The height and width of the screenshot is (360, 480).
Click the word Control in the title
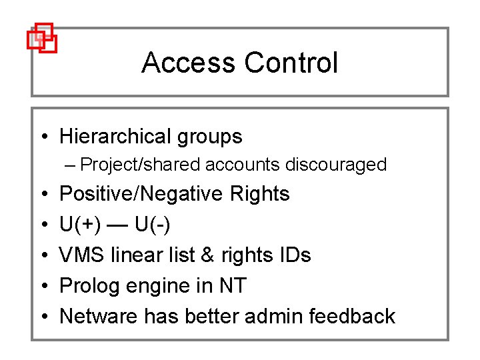(291, 63)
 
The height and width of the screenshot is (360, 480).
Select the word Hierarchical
(115, 137)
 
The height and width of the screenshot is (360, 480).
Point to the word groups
(209, 137)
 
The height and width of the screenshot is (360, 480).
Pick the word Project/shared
(140, 165)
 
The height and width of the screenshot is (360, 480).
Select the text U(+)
(81, 225)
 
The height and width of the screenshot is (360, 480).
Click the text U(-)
(152, 225)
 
